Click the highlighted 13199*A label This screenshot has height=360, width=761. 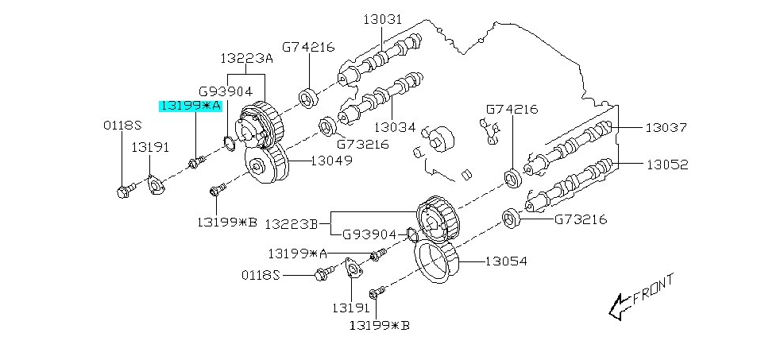pos(191,105)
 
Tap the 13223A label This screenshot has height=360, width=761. pos(245,58)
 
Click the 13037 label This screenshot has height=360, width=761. pos(666,127)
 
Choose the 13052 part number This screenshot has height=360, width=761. pos(666,165)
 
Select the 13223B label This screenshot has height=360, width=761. pos(291,225)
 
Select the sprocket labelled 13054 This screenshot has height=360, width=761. pos(435,261)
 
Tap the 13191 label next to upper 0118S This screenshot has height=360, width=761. pos(150,147)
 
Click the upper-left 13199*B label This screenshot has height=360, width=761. pos(227,222)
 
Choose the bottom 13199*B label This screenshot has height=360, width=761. pos(379,324)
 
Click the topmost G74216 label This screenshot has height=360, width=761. pos(309,47)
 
